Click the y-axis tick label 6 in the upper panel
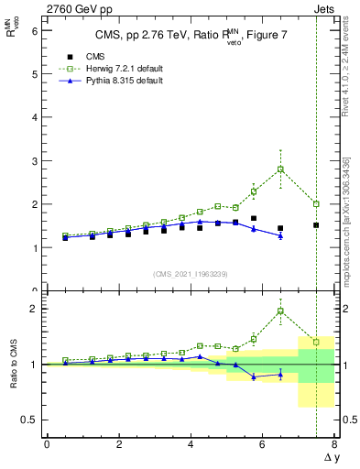34,31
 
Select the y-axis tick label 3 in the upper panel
34,161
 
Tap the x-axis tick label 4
191,444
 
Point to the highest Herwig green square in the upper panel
280,169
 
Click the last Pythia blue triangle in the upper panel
280,235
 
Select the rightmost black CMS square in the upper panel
316,224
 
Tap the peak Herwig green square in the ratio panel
280,311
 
